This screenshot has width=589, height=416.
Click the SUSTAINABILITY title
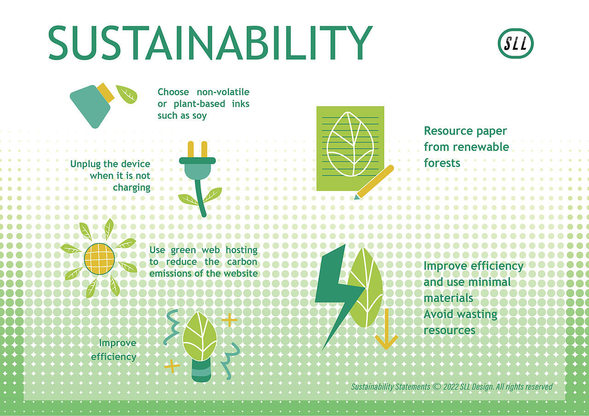click(210, 42)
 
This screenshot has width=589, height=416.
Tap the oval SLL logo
click(516, 44)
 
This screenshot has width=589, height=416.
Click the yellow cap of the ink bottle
click(105, 92)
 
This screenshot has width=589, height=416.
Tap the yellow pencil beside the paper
click(375, 182)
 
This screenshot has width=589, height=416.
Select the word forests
click(442, 163)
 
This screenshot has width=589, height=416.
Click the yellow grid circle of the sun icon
click(99, 258)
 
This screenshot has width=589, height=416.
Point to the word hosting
click(241, 250)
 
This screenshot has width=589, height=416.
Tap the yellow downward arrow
click(386, 331)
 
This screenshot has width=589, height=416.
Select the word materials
click(448, 298)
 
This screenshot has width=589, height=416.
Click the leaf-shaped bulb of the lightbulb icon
click(199, 335)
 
